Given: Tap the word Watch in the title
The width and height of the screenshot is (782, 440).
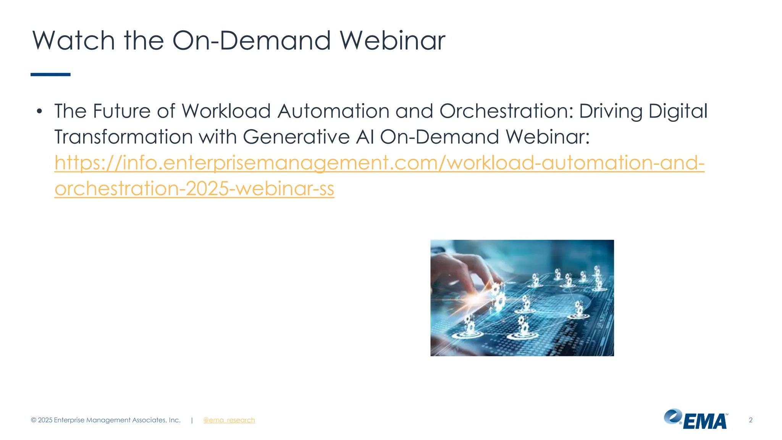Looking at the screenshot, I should (73, 40).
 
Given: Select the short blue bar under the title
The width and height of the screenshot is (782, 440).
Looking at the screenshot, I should (50, 74).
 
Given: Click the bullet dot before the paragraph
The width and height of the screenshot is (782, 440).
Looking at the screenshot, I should (39, 112).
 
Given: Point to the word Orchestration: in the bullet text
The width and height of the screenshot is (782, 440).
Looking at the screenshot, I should (506, 112).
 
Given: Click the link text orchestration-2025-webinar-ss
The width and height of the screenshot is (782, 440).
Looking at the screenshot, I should (194, 189).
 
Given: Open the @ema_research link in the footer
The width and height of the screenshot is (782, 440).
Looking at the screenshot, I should (229, 420).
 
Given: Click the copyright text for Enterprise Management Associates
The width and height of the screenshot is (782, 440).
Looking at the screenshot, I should (106, 420).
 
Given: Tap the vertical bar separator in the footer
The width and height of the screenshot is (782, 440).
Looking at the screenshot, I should (192, 420).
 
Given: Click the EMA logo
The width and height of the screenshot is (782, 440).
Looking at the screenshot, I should (695, 419).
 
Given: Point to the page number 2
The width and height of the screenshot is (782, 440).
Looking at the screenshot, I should (750, 420).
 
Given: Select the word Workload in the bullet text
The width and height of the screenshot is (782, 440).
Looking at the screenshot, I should (226, 112).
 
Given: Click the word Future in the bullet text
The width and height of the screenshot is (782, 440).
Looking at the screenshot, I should (122, 112).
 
